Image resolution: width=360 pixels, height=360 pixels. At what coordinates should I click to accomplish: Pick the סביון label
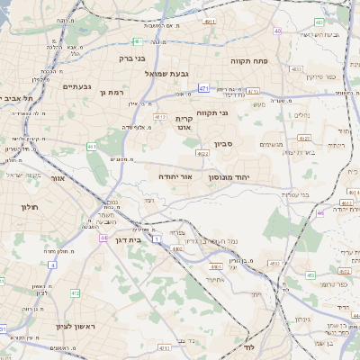point(225,143)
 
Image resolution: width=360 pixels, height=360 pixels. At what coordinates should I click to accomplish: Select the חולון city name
point(17,207)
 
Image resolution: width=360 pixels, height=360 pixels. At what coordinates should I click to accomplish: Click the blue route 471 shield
point(204,88)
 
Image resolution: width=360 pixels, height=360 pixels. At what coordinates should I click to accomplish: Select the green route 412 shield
point(76,293)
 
